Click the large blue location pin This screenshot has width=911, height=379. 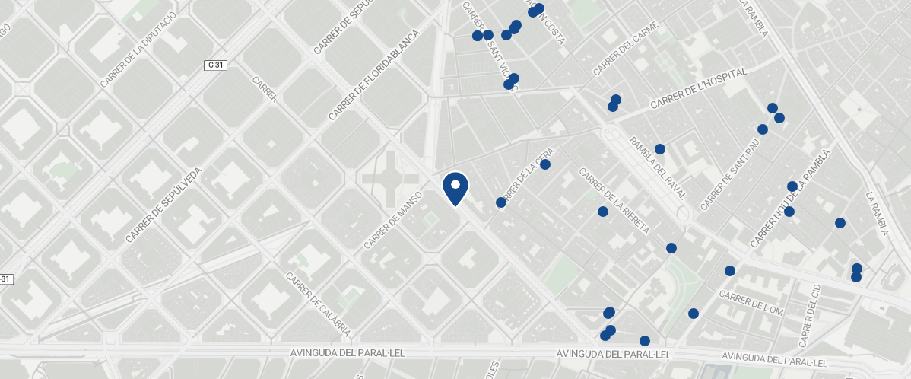(x=455, y=187)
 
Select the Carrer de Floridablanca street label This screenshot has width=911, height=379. (x=374, y=75)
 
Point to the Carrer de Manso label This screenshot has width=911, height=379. (x=392, y=220)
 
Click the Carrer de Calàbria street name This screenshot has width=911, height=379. (x=318, y=304)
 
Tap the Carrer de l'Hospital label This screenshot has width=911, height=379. (x=699, y=89)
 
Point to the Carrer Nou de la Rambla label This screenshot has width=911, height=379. (x=791, y=198)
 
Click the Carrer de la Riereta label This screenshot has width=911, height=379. (x=614, y=201)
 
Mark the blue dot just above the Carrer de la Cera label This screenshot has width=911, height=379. (x=545, y=164)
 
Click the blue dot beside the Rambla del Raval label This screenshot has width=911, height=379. (x=660, y=149)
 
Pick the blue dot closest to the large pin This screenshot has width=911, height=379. (x=500, y=202)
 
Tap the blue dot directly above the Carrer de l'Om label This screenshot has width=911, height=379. (x=730, y=271)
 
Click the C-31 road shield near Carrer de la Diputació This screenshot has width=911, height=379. (x=216, y=65)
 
